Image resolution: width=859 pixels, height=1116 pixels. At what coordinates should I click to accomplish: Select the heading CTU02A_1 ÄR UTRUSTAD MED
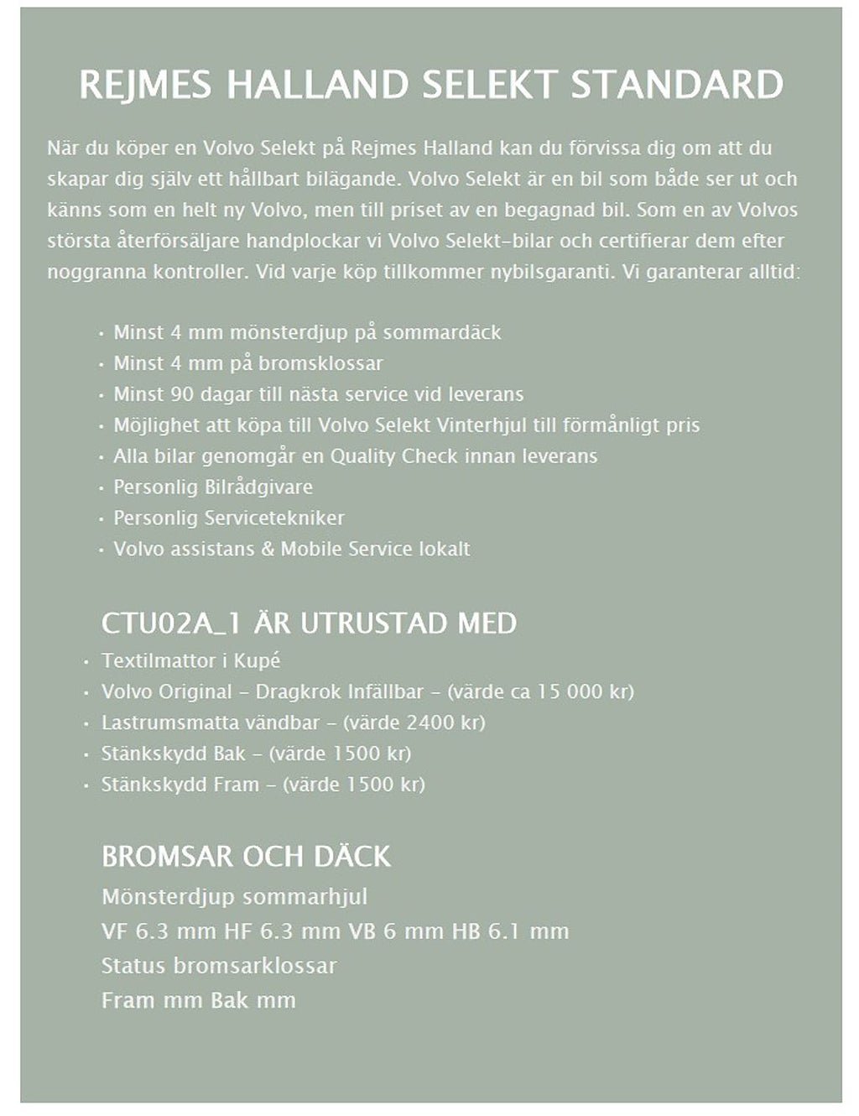(x=309, y=623)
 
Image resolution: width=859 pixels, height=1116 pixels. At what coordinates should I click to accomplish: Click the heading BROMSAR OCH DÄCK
(x=246, y=856)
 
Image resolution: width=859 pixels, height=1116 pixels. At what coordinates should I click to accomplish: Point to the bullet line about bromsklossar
(x=248, y=363)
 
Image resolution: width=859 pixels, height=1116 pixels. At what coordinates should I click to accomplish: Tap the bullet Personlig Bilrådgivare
(x=213, y=488)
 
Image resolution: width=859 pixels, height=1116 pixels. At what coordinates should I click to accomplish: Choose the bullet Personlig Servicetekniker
(x=229, y=518)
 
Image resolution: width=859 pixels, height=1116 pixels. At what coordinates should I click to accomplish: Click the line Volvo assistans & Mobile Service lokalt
(x=292, y=549)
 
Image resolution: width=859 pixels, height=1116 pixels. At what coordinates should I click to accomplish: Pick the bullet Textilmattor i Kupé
(x=190, y=660)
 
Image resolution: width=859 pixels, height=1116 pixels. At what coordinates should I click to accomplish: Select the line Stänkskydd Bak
(x=256, y=754)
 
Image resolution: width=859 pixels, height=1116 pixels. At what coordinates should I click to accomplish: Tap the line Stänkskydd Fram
(x=263, y=785)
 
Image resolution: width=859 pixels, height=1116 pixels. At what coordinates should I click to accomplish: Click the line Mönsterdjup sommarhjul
(x=234, y=897)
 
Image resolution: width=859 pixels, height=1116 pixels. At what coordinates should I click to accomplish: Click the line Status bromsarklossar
(x=218, y=966)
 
